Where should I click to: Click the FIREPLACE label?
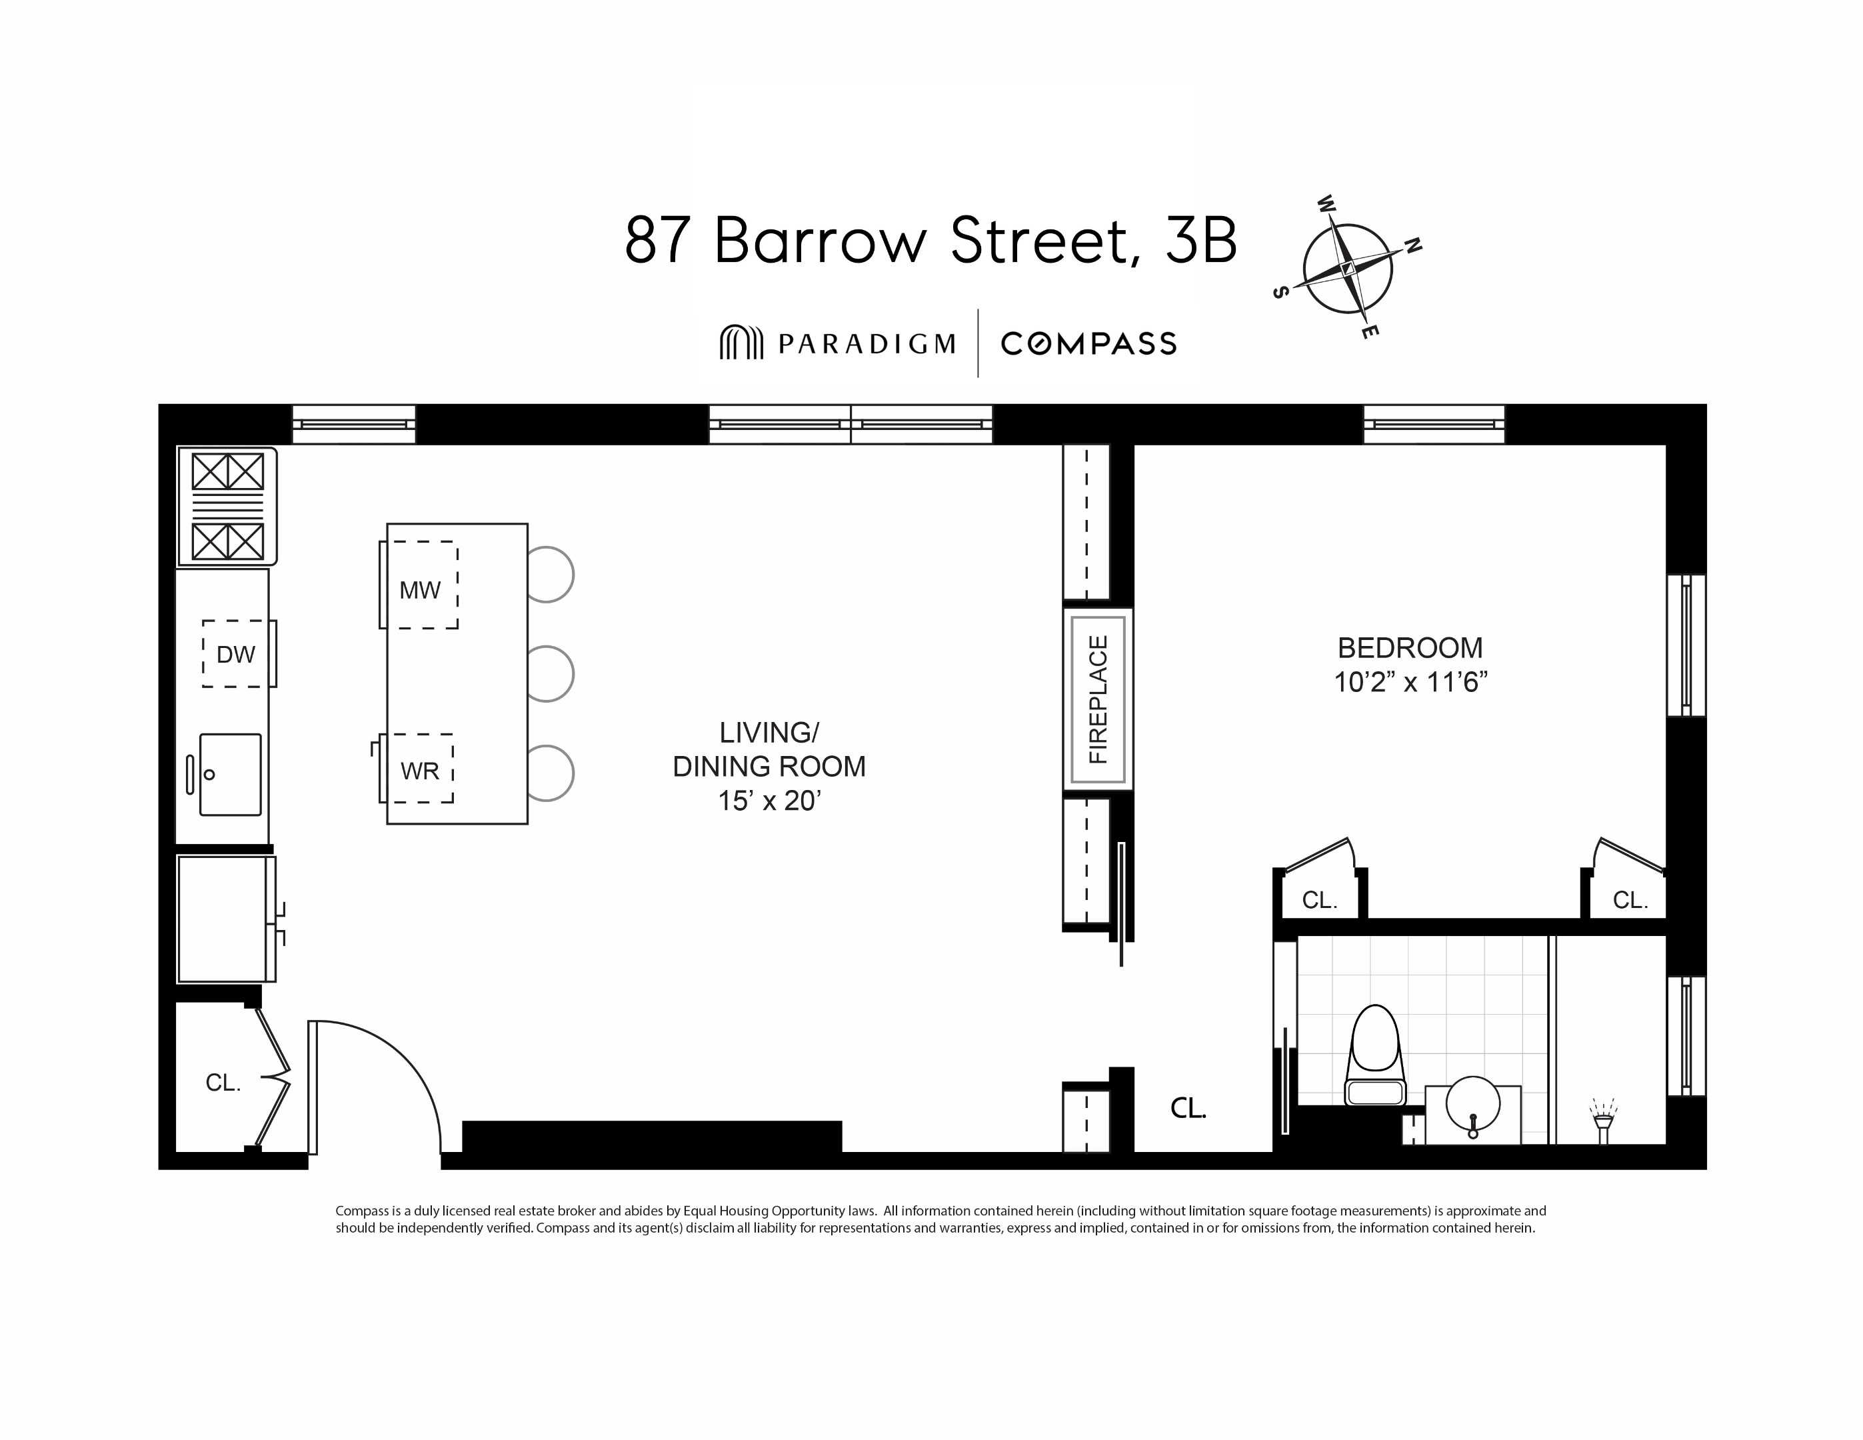[x=1098, y=699]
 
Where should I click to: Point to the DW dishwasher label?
[x=235, y=654]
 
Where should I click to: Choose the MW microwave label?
[x=420, y=589]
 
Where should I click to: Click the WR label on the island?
[x=420, y=770]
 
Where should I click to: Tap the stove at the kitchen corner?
[x=227, y=506]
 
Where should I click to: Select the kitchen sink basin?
[x=231, y=774]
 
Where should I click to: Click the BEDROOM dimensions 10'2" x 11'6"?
[x=1410, y=683]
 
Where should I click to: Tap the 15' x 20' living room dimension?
[x=769, y=800]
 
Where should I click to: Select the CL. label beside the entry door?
[x=223, y=1083]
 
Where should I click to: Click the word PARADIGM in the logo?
[x=866, y=344]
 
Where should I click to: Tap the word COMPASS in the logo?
[x=1088, y=344]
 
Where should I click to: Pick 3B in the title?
[x=1200, y=241]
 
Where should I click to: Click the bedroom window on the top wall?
[x=1434, y=424]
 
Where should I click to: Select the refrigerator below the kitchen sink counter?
[x=223, y=919]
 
